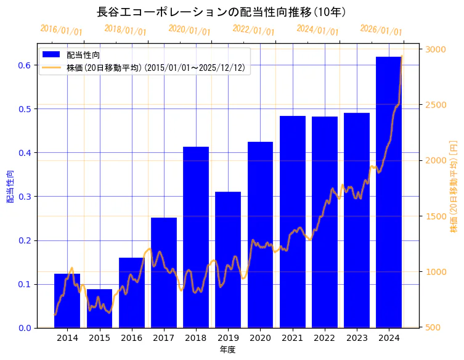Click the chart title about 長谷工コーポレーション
pyautogui.click(x=222, y=12)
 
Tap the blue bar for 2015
pyautogui.click(x=99, y=308)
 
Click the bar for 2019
pyautogui.click(x=228, y=259)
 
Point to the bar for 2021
pyautogui.click(x=292, y=222)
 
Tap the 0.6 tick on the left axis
pyautogui.click(x=24, y=65)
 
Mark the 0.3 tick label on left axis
pyautogui.click(x=24, y=197)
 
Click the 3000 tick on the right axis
pyautogui.click(x=436, y=49)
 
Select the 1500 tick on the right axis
pyautogui.click(x=436, y=216)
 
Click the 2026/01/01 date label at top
pyautogui.click(x=381, y=30)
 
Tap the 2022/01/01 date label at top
pyautogui.click(x=253, y=30)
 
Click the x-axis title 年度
pyautogui.click(x=227, y=350)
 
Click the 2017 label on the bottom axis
pyautogui.click(x=163, y=338)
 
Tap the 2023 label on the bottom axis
pyautogui.click(x=357, y=338)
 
